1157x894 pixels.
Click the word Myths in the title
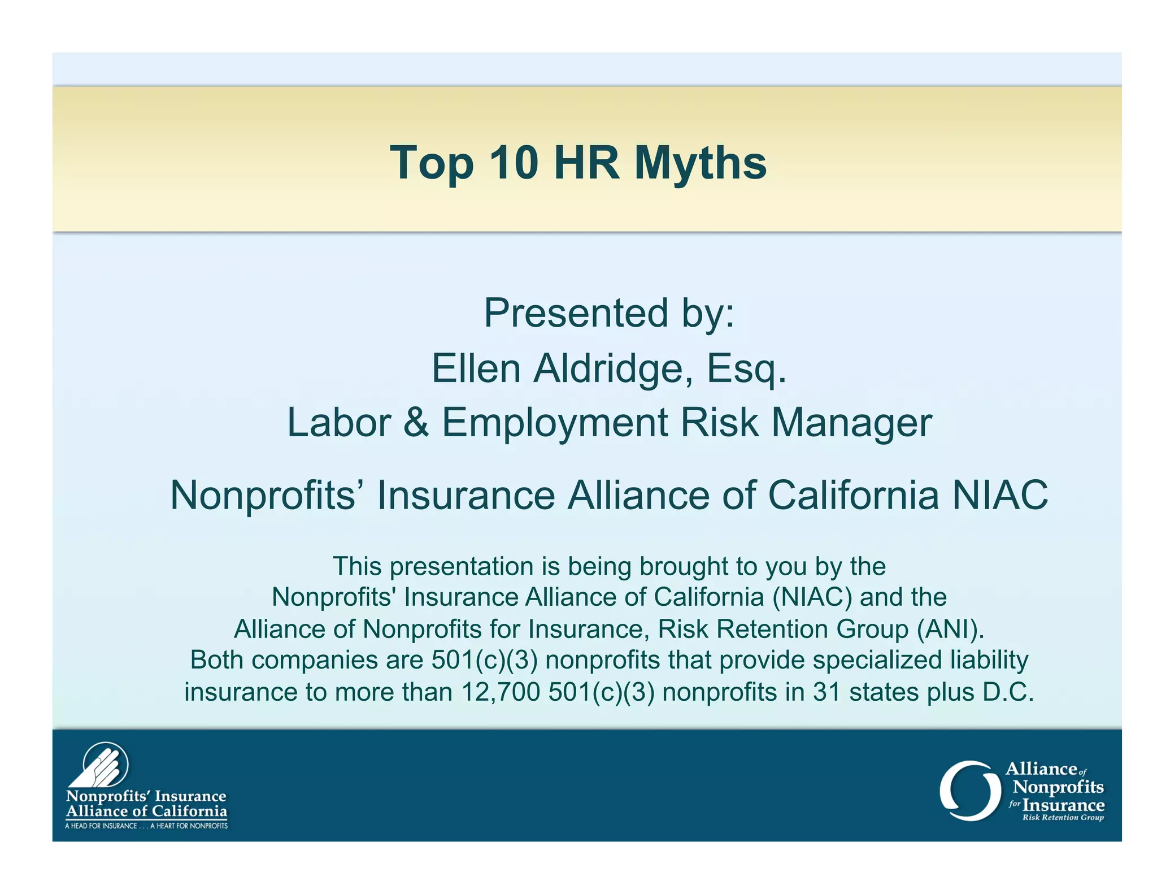coord(700,163)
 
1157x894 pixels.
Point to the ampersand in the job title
coord(416,423)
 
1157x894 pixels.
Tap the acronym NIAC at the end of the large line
coord(1000,495)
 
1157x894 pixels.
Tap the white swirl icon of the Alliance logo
coord(969,790)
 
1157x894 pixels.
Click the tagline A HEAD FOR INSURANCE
coord(102,826)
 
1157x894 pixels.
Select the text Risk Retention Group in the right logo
coord(1063,817)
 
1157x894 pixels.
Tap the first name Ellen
coord(476,368)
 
